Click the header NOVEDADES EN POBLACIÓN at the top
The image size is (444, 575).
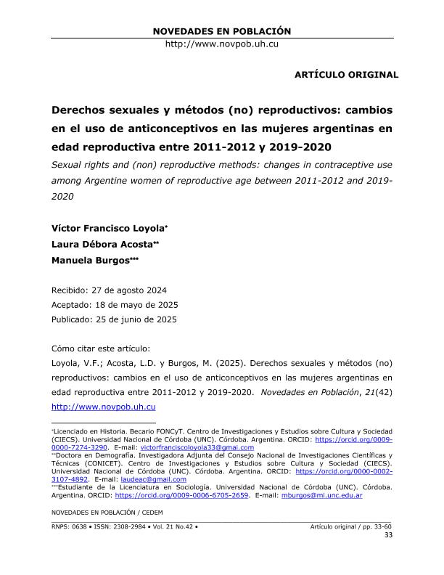point(222,31)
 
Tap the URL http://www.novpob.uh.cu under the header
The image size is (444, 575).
point(222,44)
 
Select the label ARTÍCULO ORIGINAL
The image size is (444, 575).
point(346,75)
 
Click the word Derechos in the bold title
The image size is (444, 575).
point(78,112)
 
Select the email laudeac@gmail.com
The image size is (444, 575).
point(155,479)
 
